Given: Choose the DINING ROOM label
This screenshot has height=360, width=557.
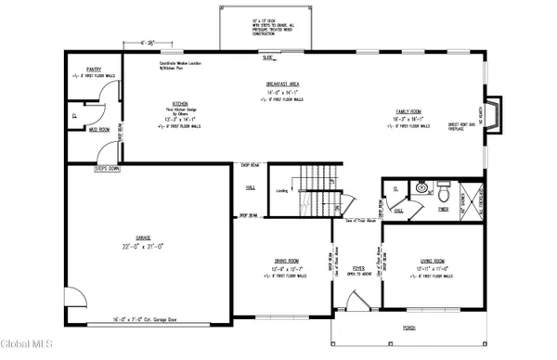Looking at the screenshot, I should point(286,261).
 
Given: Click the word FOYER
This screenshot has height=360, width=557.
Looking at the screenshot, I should point(358,267).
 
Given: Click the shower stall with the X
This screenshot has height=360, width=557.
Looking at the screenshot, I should point(471,199).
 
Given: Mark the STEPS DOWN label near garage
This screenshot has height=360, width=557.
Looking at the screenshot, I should point(108,169).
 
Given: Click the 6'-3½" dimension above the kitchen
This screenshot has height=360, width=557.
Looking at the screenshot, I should point(142,43).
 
